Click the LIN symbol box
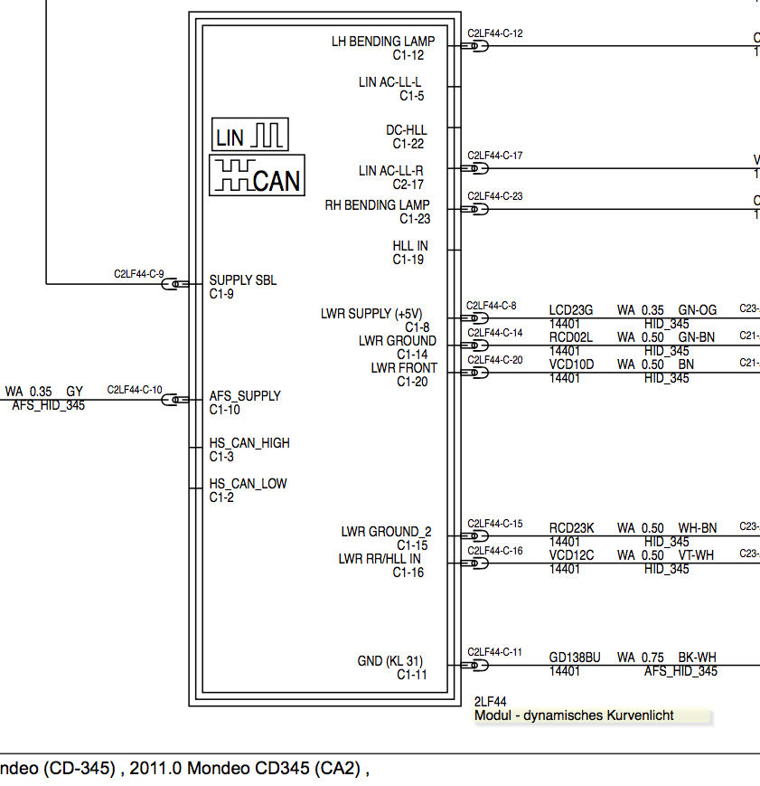pos(250,134)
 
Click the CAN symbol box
pos(257,175)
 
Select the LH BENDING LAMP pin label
pos(382,42)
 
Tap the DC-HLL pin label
pos(406,131)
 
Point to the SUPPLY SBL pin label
pos(242,280)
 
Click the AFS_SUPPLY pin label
pos(244,396)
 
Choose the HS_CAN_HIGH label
pos(249,443)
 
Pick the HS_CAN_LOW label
pos(248,484)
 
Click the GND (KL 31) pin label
pos(390,661)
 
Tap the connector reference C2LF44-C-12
pos(494,33)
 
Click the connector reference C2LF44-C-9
pos(138,273)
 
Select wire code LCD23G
pos(571,310)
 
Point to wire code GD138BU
pos(574,658)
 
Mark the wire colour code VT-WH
pos(697,555)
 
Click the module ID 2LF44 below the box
pos(490,702)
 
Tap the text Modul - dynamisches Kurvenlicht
pos(574,715)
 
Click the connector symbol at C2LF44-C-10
pos(171,399)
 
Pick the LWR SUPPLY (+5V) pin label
pos(371,314)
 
